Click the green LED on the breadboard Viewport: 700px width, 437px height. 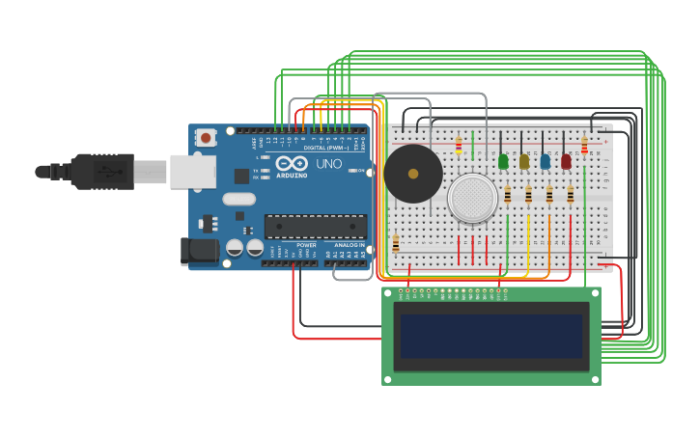tap(503, 162)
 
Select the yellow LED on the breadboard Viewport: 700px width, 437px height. tap(524, 162)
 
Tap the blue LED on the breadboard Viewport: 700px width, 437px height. tap(546, 162)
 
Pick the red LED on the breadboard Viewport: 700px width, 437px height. tap(567, 162)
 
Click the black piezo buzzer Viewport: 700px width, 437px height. tap(413, 174)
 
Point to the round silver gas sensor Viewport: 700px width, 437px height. tap(472, 198)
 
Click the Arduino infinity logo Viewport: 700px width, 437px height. tap(292, 163)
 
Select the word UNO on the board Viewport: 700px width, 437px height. tap(328, 164)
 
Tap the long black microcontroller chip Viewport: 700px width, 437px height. tap(316, 227)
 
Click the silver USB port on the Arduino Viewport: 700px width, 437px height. tap(192, 171)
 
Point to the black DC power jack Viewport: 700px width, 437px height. tap(200, 251)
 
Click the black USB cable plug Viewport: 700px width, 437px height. tap(102, 172)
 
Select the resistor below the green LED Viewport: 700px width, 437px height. tap(508, 196)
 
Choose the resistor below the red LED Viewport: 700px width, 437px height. tap(571, 196)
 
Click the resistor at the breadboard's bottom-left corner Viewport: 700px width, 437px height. tap(396, 244)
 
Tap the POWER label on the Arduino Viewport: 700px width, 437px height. tap(306, 246)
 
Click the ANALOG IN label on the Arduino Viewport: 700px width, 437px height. tap(350, 246)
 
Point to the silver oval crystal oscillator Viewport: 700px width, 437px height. tap(238, 200)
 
